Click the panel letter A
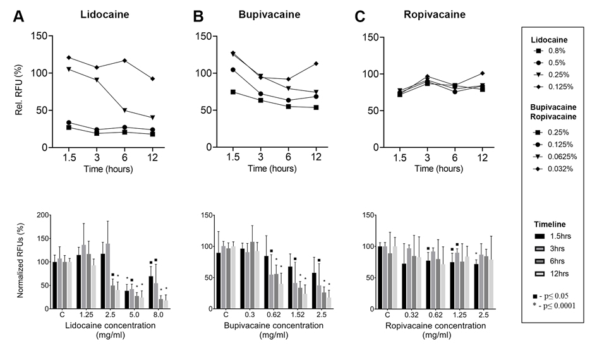(20, 17)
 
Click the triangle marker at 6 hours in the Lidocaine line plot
(124, 111)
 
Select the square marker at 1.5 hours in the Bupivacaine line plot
(233, 92)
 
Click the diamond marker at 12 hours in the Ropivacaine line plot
(482, 73)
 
